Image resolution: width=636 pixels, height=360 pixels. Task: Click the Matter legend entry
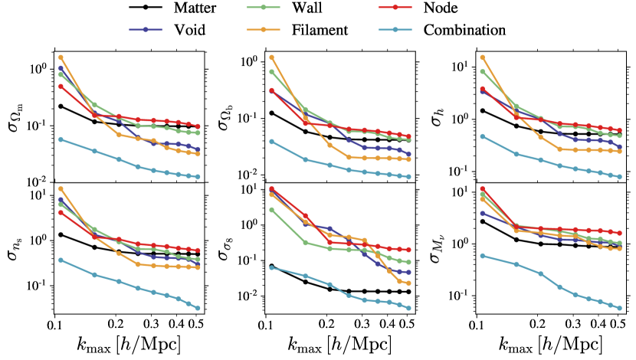pos(176,10)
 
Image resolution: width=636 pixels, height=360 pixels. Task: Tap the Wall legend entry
pos(307,10)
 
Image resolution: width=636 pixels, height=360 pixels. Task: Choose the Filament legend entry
pos(321,31)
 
